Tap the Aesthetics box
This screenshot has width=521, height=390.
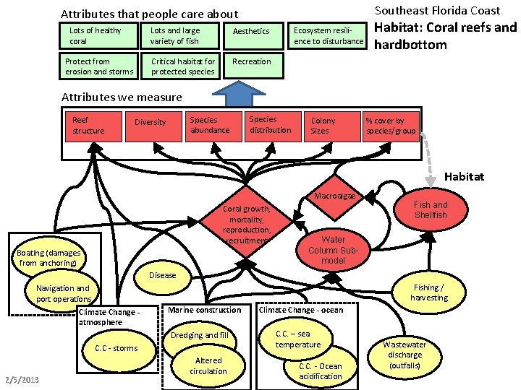point(252,32)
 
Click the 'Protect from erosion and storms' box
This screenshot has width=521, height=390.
point(100,66)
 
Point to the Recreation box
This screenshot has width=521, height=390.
point(252,62)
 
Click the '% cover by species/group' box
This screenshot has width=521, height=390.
point(391,126)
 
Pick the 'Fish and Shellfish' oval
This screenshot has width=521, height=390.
point(431,210)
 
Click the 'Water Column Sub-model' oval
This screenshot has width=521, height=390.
point(334,249)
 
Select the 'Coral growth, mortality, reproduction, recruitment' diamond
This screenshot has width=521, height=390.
point(247,225)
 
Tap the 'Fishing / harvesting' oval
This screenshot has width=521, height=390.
point(428,292)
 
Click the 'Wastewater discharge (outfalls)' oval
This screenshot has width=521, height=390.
point(404,355)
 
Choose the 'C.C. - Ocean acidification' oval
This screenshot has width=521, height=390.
point(321,370)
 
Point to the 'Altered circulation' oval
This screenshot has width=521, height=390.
point(208,365)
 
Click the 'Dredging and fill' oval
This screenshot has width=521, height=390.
point(200,335)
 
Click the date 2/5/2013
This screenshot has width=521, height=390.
point(22,381)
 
